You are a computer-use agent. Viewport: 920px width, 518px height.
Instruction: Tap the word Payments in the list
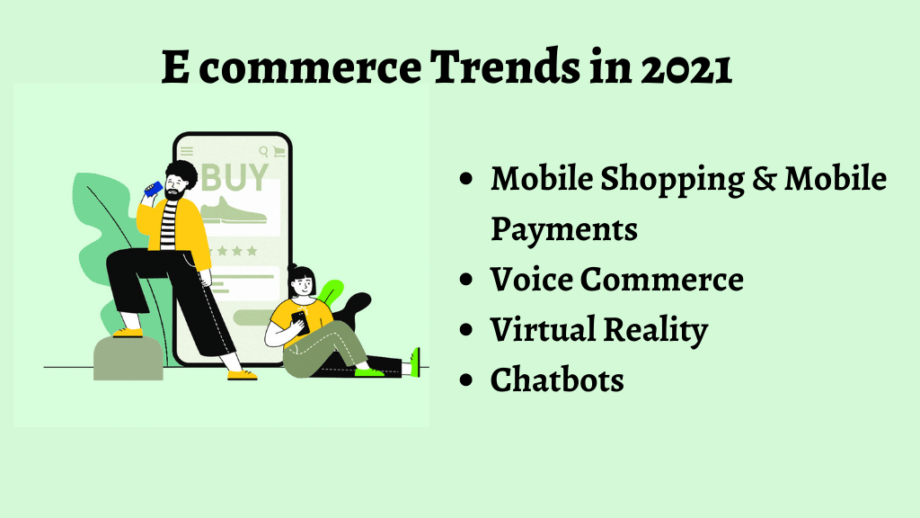(x=564, y=229)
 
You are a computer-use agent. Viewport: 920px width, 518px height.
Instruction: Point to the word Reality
(x=655, y=330)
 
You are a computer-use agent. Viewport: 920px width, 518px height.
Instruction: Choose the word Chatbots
(x=557, y=380)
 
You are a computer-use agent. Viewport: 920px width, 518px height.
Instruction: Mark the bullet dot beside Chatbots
(x=466, y=380)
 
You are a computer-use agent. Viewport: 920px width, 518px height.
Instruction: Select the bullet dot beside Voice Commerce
(x=466, y=279)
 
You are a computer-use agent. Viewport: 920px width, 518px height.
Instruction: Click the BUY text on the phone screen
(x=234, y=177)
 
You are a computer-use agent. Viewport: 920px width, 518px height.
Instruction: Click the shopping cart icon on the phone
(x=279, y=151)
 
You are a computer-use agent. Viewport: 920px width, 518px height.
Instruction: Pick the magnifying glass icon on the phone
(x=263, y=151)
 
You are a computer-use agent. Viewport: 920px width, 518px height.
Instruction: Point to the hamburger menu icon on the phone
(x=187, y=151)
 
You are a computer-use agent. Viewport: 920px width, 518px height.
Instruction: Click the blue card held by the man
(x=154, y=189)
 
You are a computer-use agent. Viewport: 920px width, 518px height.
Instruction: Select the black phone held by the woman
(x=300, y=321)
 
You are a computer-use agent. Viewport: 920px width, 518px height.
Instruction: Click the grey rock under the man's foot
(x=128, y=358)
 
